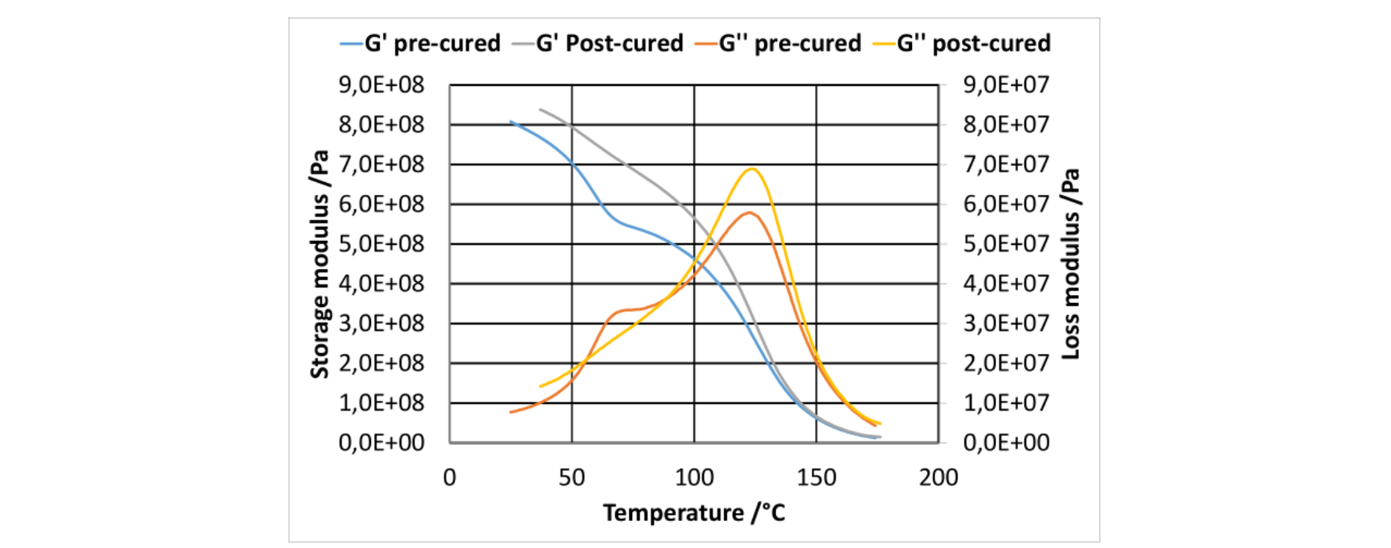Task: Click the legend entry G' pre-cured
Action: click(420, 43)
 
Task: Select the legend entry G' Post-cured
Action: click(598, 43)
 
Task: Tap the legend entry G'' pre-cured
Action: click(778, 43)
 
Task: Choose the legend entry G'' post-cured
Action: click(962, 43)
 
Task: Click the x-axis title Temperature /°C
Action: click(694, 513)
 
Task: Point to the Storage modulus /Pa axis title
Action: click(319, 264)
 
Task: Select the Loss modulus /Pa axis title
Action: click(1071, 264)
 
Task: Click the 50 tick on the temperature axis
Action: click(572, 477)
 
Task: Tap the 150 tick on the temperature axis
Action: click(816, 477)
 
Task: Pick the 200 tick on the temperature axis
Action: click(939, 477)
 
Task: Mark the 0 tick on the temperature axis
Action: click(449, 477)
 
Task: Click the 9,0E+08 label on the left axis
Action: click(381, 85)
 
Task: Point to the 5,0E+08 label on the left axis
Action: click(381, 244)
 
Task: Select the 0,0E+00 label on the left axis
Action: click(381, 443)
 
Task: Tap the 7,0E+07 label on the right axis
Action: click(1006, 164)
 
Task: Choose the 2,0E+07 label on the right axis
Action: click(1006, 363)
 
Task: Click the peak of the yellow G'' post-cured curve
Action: click(751, 169)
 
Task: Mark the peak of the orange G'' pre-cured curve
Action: click(748, 213)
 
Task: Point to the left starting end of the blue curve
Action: click(510, 121)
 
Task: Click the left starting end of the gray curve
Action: click(540, 109)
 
